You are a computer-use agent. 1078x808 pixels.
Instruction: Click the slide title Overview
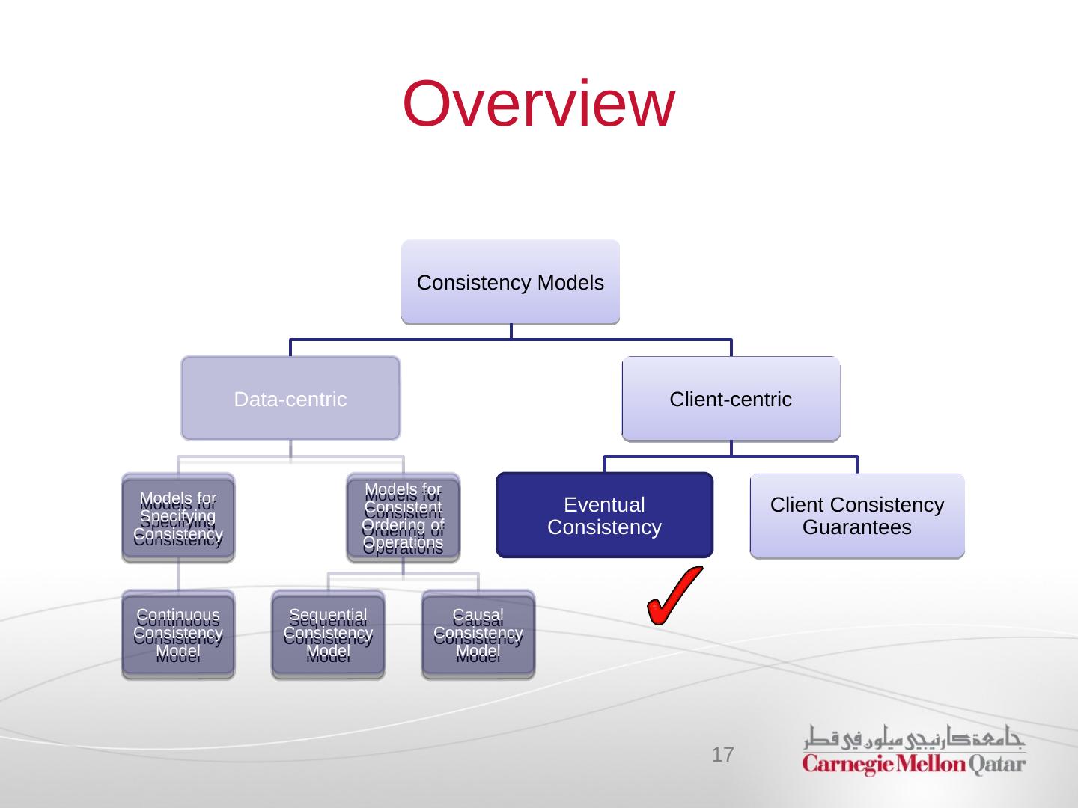tap(538, 103)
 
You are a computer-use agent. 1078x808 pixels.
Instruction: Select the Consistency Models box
tap(511, 282)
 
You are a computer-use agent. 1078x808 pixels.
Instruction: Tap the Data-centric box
tap(290, 398)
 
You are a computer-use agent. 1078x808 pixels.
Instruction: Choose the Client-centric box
tap(731, 399)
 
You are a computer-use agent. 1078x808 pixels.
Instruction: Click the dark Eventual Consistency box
tap(604, 515)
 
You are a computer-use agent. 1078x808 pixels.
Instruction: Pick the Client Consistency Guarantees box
tap(857, 515)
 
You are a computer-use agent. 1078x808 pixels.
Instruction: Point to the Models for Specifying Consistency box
tap(178, 517)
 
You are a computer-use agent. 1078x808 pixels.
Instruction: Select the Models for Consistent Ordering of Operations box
tap(403, 517)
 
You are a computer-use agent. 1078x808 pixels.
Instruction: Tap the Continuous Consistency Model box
tap(178, 634)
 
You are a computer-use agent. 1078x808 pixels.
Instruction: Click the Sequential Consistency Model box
tap(328, 634)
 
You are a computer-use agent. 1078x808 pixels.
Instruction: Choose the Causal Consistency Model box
tap(478, 634)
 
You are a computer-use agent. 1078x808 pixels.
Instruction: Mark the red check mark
tap(673, 596)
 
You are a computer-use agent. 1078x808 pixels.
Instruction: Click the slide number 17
tap(722, 754)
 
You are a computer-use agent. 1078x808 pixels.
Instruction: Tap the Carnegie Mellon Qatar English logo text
tap(914, 765)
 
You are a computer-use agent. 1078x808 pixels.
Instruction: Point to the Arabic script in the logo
tap(914, 738)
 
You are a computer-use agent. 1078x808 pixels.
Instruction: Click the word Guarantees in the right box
tap(857, 527)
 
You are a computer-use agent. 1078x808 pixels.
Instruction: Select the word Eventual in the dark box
tap(604, 505)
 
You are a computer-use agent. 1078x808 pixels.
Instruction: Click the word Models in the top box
tap(576, 283)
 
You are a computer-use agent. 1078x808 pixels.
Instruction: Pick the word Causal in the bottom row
tap(478, 616)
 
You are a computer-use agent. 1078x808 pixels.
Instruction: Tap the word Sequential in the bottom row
tap(328, 616)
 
